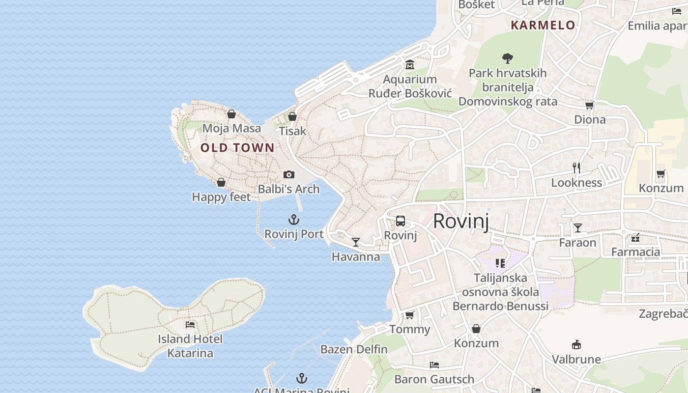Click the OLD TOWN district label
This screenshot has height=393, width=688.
(x=237, y=147)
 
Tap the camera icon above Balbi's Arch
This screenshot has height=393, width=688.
(x=289, y=174)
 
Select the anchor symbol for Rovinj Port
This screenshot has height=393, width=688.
(x=294, y=220)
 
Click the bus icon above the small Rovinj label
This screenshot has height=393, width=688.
(x=401, y=221)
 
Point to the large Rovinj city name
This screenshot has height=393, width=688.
(x=461, y=222)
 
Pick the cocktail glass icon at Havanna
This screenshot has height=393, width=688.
(x=356, y=242)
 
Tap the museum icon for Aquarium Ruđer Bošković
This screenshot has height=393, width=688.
(x=410, y=65)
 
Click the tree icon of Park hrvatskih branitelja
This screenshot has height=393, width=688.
(x=508, y=58)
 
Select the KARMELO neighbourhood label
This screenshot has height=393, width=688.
(x=543, y=26)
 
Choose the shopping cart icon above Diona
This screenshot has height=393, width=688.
(x=590, y=105)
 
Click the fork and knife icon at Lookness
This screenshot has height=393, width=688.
(x=576, y=168)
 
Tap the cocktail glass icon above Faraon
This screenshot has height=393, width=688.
(x=578, y=228)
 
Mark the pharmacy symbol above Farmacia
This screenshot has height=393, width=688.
(x=635, y=238)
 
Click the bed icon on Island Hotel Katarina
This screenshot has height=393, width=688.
(x=190, y=325)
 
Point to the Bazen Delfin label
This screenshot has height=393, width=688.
(x=354, y=350)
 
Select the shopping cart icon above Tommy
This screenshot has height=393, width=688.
(x=409, y=315)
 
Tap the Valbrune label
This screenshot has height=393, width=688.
(x=576, y=360)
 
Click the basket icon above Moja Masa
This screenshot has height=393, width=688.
(x=231, y=114)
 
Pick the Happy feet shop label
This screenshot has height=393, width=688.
(x=221, y=197)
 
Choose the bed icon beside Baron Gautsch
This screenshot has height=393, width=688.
(x=434, y=365)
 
